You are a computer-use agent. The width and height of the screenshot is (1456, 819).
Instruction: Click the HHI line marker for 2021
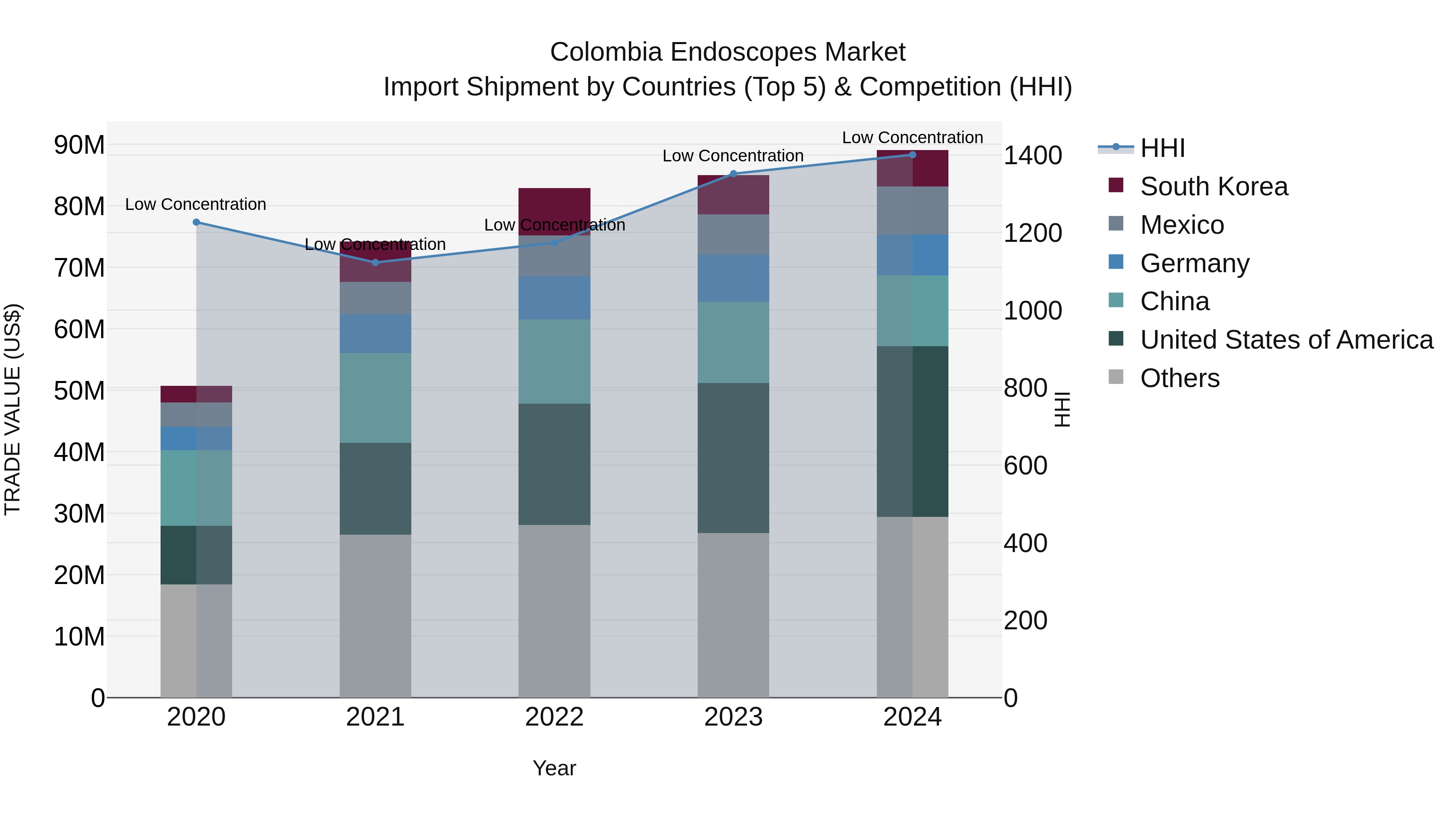pyautogui.click(x=375, y=262)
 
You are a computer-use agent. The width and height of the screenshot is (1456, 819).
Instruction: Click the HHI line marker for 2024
pyautogui.click(x=912, y=154)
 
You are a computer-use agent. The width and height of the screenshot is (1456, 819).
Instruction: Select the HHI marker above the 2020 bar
pyautogui.click(x=196, y=222)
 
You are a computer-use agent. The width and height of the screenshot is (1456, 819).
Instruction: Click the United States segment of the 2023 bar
pyautogui.click(x=733, y=458)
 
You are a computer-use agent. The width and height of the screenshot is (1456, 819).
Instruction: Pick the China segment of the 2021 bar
pyautogui.click(x=375, y=398)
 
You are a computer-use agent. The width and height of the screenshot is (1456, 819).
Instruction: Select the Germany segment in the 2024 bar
pyautogui.click(x=912, y=255)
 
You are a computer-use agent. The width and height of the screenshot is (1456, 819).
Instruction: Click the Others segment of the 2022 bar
pyautogui.click(x=554, y=610)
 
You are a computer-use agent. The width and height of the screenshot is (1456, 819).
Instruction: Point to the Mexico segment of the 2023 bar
pyautogui.click(x=733, y=234)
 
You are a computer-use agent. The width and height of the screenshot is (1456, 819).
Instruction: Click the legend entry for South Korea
pyautogui.click(x=1213, y=186)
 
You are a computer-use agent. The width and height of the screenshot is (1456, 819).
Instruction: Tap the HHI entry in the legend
pyautogui.click(x=1162, y=148)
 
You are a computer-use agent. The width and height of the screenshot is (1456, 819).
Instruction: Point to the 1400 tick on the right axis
pyautogui.click(x=1033, y=155)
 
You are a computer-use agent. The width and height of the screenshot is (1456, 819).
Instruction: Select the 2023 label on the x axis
pyautogui.click(x=733, y=717)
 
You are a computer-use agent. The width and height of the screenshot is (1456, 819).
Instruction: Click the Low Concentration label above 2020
pyautogui.click(x=196, y=204)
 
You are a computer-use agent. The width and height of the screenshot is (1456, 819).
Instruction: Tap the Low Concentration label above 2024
pyautogui.click(x=912, y=138)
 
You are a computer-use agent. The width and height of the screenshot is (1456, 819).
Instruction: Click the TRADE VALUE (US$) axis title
pyautogui.click(x=13, y=409)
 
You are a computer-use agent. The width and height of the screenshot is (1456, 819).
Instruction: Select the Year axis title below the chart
pyautogui.click(x=554, y=768)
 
